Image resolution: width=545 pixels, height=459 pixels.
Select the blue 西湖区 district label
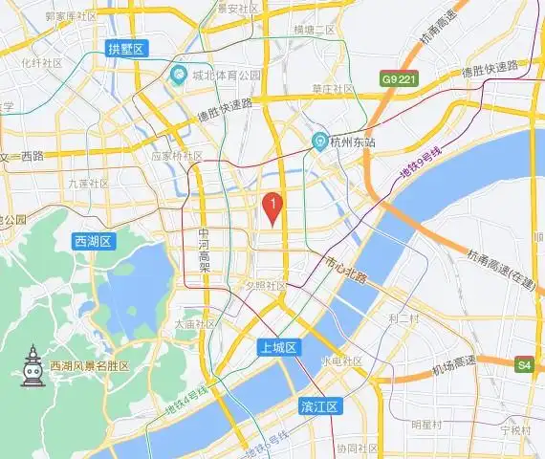click(93, 242)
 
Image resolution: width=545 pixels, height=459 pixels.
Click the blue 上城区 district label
click(279, 348)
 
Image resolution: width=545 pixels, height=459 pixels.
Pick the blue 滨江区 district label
click(319, 406)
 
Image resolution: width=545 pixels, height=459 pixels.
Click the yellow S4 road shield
click(524, 364)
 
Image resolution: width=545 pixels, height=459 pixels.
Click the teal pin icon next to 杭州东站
click(322, 142)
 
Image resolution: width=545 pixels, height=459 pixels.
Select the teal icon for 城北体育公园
click(178, 75)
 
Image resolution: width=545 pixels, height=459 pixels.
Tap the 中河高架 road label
click(203, 249)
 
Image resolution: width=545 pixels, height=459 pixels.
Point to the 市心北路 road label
click(346, 270)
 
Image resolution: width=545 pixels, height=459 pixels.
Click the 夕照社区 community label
click(265, 285)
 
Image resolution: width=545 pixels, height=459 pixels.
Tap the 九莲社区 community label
click(88, 183)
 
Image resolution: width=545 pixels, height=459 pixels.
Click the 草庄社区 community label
click(333, 89)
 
